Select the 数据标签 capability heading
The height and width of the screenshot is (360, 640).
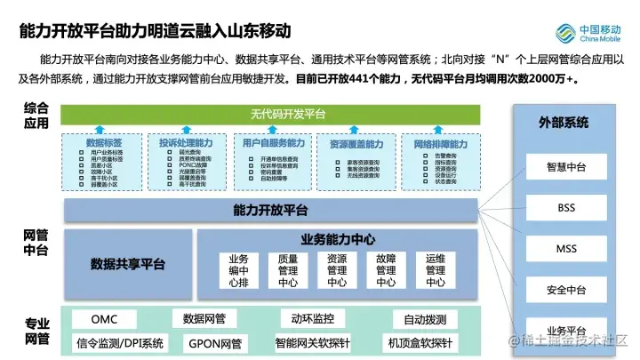104,143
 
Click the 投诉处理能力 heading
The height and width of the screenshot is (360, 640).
186,143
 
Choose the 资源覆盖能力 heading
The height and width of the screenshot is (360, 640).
356,143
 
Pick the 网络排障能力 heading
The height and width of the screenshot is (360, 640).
440,143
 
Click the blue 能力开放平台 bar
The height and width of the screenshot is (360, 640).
271,210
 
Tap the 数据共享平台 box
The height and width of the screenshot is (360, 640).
127,264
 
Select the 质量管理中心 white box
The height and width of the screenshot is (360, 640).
288,270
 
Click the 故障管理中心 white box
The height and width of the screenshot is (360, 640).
386,270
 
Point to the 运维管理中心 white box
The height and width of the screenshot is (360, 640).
435,270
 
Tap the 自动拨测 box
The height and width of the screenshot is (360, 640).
425,318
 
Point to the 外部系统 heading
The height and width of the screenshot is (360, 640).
564,122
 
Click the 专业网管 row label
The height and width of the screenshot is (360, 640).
36,331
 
